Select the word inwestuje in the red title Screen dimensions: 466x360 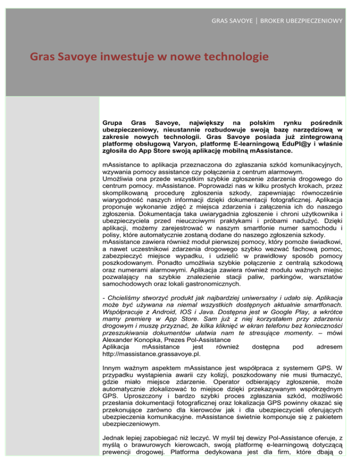pos(110,58)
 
